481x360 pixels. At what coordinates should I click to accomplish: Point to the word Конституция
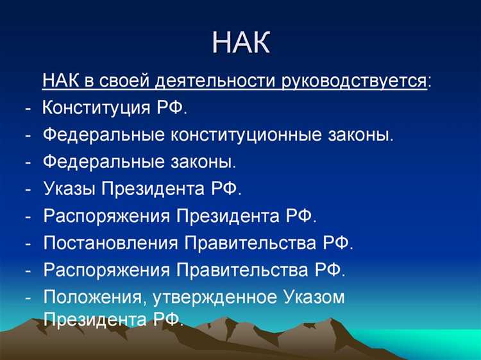pyautogui.click(x=97, y=108)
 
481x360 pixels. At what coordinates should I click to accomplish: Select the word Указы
pyautogui.click(x=69, y=189)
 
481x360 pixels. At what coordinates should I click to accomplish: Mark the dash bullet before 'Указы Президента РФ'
pyautogui.click(x=29, y=190)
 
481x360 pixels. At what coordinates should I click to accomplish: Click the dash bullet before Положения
pyautogui.click(x=29, y=298)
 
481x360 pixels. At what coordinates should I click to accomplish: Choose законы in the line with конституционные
pyautogui.click(x=359, y=135)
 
